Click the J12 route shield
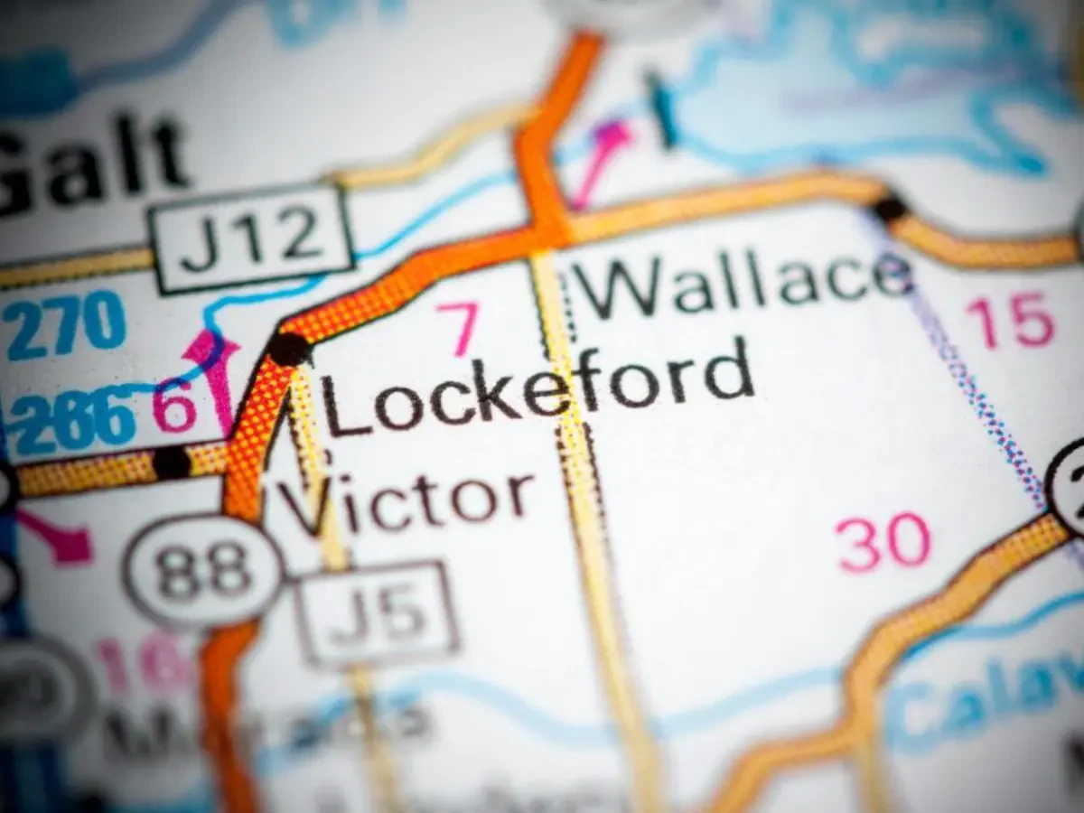251,238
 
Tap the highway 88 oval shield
204,571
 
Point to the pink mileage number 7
459,328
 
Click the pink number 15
1010,321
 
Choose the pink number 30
883,542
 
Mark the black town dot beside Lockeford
289,348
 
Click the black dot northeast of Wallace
890,209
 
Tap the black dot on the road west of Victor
171,463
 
